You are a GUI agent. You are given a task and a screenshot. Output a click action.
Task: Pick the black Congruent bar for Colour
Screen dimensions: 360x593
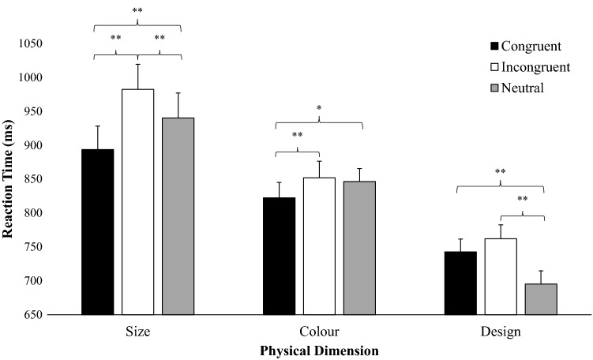[279, 256]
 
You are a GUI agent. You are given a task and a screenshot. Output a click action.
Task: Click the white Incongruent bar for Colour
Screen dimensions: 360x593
[319, 246]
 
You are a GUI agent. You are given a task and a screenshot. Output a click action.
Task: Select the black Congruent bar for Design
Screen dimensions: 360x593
[460, 283]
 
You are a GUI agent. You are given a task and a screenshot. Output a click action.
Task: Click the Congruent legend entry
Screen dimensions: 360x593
[523, 46]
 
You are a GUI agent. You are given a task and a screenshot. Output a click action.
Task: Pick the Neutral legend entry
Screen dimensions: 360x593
[517, 88]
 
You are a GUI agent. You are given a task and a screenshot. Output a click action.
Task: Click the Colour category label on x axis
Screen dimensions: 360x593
[318, 332]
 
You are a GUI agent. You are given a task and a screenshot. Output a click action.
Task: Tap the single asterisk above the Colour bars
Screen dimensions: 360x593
[319, 108]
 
